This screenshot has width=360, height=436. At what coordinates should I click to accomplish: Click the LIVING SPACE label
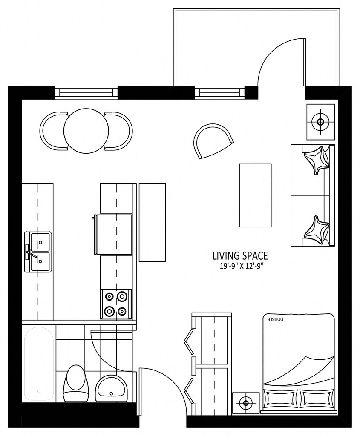pyautogui.click(x=240, y=255)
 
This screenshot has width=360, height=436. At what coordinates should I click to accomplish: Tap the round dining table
pyautogui.click(x=86, y=130)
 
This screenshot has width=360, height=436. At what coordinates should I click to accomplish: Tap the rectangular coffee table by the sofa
pyautogui.click(x=255, y=195)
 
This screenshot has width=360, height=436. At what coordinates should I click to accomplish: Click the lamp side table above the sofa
pyautogui.click(x=320, y=122)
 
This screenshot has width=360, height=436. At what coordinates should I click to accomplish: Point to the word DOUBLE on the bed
pyautogui.click(x=275, y=319)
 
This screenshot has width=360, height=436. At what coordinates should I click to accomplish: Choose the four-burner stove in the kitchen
pyautogui.click(x=116, y=304)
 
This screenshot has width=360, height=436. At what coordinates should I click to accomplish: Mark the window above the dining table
pyautogui.click(x=86, y=92)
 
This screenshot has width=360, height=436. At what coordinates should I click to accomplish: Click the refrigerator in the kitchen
pyautogui.click(x=113, y=234)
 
